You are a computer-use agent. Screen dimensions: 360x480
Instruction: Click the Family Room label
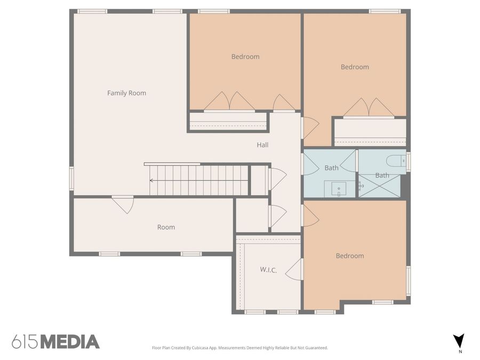[126, 93]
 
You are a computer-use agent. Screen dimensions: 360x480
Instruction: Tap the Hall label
[262, 145]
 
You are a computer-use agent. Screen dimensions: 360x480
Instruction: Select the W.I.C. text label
[268, 270]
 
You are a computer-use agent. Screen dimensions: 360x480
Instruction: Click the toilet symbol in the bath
[396, 160]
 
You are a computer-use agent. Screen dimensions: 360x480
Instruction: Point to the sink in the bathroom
[339, 189]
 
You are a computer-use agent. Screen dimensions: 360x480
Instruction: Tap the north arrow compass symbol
[458, 341]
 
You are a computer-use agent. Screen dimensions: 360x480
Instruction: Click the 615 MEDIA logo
[55, 341]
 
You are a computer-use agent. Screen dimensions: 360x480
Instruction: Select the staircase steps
[199, 180]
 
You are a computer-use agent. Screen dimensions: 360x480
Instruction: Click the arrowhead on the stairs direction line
[151, 180]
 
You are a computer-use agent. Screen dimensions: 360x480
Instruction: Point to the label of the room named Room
[166, 227]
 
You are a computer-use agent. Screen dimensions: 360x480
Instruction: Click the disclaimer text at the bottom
[240, 348]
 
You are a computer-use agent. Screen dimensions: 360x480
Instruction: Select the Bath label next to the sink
[331, 168]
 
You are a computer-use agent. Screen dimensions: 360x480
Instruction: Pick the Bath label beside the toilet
[382, 175]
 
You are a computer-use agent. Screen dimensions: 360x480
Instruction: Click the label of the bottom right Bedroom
[350, 256]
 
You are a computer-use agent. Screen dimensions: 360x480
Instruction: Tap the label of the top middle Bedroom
[245, 57]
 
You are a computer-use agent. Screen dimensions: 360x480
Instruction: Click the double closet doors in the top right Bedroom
[369, 108]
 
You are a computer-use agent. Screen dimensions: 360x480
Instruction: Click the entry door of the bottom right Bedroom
[310, 216]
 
